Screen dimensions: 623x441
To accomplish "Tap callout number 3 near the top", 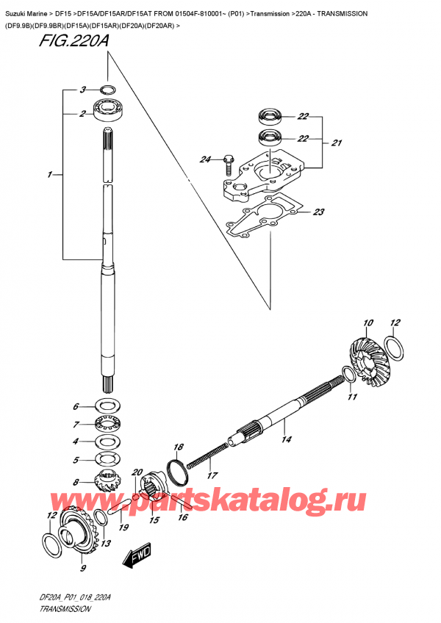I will click(83, 90).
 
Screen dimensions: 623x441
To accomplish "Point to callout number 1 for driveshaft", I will click(49, 175).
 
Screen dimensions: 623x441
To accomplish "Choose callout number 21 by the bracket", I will click(337, 143).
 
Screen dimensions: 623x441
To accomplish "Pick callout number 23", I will click(318, 212).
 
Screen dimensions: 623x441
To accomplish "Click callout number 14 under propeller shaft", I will click(286, 439).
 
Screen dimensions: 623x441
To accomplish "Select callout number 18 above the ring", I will click(178, 447).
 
